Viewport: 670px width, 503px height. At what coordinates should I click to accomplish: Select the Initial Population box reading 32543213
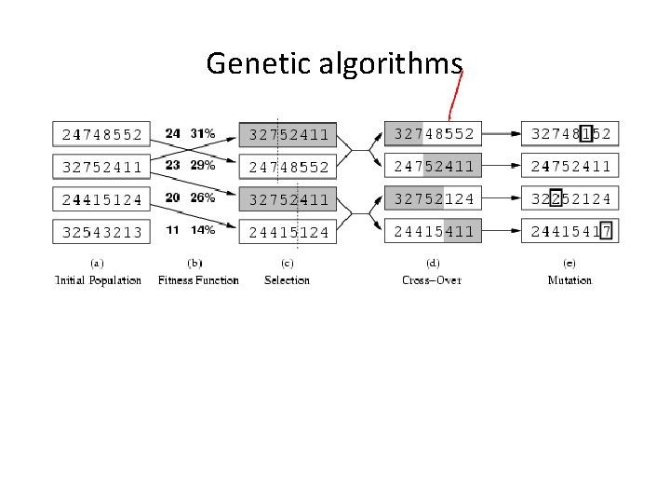101,232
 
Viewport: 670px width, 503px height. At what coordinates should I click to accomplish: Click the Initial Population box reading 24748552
101,134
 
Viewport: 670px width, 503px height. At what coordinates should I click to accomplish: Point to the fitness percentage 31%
202,133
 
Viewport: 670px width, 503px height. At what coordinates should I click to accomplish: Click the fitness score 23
172,165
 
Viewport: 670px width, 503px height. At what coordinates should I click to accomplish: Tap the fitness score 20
172,197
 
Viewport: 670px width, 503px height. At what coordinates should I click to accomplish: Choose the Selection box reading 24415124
288,232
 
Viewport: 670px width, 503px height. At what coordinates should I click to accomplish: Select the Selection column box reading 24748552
288,168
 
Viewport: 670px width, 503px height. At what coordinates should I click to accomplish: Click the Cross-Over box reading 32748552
433,134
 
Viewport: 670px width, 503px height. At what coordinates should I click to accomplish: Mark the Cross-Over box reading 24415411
433,231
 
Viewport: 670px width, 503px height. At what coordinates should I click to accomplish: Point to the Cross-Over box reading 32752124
433,198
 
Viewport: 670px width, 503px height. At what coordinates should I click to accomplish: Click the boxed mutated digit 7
606,231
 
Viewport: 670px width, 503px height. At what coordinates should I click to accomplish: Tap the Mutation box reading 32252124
570,198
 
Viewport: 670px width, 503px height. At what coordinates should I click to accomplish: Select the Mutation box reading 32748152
570,134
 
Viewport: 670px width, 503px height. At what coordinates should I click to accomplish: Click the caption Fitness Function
198,280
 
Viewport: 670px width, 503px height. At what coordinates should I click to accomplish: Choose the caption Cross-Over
432,280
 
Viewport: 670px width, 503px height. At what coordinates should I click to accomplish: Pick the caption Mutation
569,280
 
